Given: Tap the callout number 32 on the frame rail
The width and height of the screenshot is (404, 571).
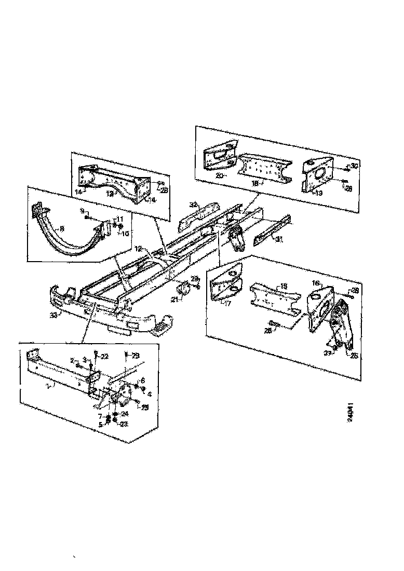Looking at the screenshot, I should (x=193, y=205).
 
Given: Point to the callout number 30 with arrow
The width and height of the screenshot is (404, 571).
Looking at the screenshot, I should (x=354, y=166).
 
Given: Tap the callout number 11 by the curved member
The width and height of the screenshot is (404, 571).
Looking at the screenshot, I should (x=120, y=219).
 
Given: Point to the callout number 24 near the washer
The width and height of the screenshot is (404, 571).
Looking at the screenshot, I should (x=125, y=413).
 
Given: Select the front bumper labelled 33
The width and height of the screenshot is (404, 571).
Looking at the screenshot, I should (x=104, y=311).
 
